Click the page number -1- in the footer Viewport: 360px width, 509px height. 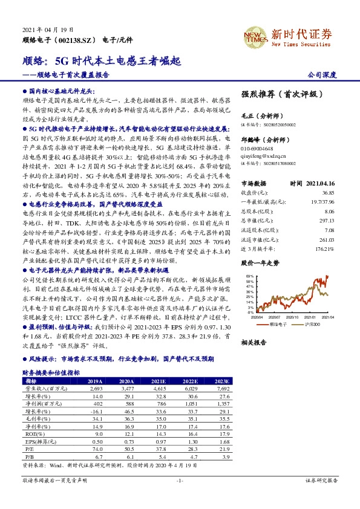[x=180, y=497]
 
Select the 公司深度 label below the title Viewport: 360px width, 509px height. [x=322, y=76]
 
